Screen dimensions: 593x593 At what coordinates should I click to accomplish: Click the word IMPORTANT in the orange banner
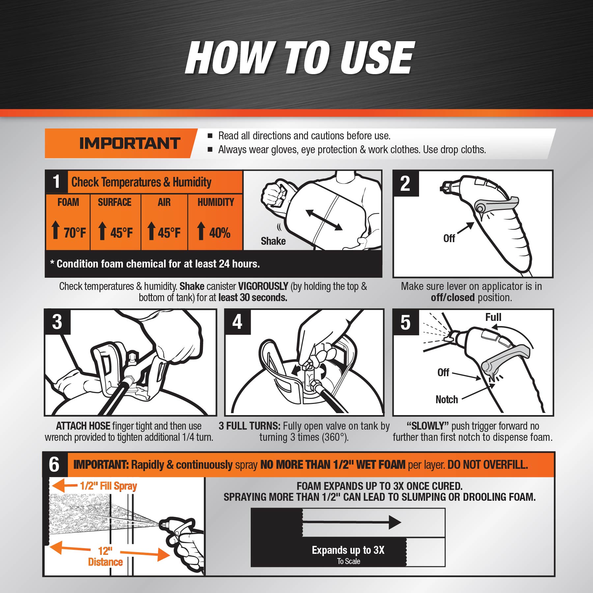pyautogui.click(x=130, y=143)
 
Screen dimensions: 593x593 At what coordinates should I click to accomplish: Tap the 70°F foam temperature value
pyautogui.click(x=75, y=233)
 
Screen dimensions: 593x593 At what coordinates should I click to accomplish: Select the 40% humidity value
pyautogui.click(x=220, y=233)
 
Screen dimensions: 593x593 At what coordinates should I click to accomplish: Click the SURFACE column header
pyautogui.click(x=115, y=202)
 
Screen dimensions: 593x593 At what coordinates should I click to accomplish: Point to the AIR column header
pyautogui.click(x=164, y=202)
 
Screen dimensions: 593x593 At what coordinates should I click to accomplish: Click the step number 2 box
pyautogui.click(x=406, y=184)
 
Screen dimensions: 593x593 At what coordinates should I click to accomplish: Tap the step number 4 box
pyautogui.click(x=238, y=322)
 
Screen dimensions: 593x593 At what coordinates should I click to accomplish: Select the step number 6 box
pyautogui.click(x=55, y=465)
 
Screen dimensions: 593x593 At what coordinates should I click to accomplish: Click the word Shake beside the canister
pyautogui.click(x=273, y=241)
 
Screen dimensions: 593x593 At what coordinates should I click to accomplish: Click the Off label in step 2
pyautogui.click(x=449, y=238)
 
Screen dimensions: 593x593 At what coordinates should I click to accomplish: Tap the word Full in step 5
pyautogui.click(x=493, y=317)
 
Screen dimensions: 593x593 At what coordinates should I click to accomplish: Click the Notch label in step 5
pyautogui.click(x=447, y=400)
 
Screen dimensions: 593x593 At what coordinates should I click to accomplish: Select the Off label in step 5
pyautogui.click(x=443, y=373)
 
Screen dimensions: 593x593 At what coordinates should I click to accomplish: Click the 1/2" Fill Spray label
pyautogui.click(x=108, y=486)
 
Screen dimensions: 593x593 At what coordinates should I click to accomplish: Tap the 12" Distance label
pyautogui.click(x=105, y=556)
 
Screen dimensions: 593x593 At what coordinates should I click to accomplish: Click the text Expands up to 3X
pyautogui.click(x=348, y=550)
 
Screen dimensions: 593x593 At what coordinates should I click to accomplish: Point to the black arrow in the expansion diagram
pyautogui.click(x=352, y=522)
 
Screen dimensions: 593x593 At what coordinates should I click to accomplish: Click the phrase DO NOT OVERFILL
pyautogui.click(x=488, y=465)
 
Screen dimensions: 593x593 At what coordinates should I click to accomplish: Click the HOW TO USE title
pyautogui.click(x=300, y=58)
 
